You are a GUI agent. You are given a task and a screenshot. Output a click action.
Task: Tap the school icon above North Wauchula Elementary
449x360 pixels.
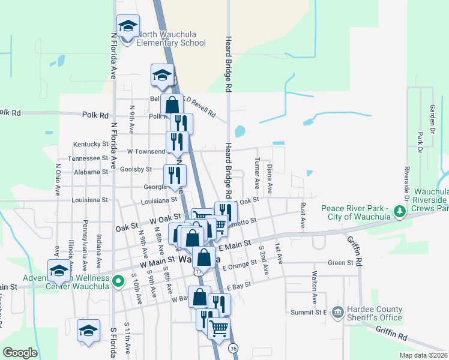[x=127, y=26]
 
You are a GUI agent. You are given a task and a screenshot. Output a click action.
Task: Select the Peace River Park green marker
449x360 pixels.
[x=399, y=211]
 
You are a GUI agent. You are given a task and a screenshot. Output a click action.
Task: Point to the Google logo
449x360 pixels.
[x=20, y=353]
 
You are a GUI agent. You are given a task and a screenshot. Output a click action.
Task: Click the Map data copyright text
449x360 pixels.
[x=424, y=355]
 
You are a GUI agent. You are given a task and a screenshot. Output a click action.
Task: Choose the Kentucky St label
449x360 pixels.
[x=91, y=145]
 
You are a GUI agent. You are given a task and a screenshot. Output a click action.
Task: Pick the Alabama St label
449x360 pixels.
[x=91, y=171]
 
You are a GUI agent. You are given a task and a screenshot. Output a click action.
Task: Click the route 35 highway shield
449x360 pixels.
[x=234, y=347]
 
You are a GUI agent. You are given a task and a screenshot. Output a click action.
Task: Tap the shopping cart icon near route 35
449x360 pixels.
[x=218, y=327]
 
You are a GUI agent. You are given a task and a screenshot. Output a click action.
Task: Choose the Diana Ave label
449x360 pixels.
[x=270, y=178]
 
